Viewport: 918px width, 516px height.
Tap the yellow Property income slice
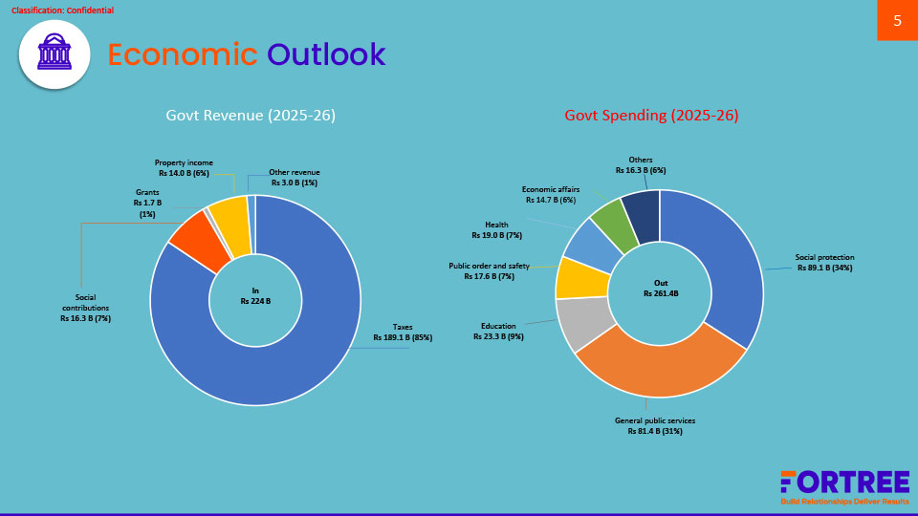point(230,226)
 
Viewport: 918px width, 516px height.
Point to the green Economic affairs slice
point(612,224)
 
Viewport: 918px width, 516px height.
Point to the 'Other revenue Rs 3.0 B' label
point(294,178)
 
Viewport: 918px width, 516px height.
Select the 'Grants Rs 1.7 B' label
point(147,203)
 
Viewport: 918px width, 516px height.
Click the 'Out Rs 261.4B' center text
point(660,289)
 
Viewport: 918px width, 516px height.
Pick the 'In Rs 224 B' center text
point(255,295)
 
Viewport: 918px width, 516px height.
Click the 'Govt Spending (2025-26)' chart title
point(651,116)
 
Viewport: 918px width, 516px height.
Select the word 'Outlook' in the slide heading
point(326,55)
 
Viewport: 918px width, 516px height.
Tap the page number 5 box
point(897,20)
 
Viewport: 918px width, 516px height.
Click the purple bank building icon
point(55,54)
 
